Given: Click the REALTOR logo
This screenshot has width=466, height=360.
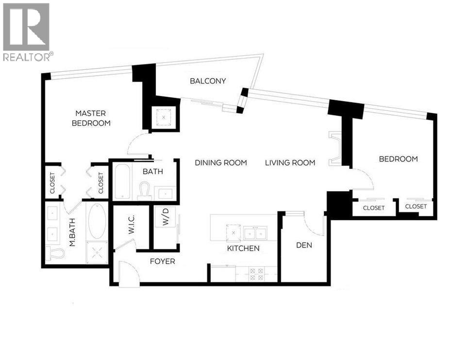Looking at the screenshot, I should pyautogui.click(x=26, y=32).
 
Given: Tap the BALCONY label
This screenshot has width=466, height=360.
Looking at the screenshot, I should pyautogui.click(x=208, y=81).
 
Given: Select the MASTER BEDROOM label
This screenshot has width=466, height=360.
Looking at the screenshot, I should pyautogui.click(x=91, y=118).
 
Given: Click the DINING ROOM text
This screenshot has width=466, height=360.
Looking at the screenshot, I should pyautogui.click(x=221, y=163).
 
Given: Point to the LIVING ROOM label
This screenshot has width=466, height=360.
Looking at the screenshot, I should pyautogui.click(x=290, y=163).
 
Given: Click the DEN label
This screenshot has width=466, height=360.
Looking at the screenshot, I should pyautogui.click(x=304, y=245).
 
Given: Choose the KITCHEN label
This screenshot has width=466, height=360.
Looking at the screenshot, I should pyautogui.click(x=243, y=248).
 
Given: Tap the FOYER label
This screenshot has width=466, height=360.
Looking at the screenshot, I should pyautogui.click(x=162, y=262).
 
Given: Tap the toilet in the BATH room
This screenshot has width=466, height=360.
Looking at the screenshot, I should pyautogui.click(x=144, y=190).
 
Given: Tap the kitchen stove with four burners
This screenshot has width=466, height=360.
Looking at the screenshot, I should pyautogui.click(x=256, y=275).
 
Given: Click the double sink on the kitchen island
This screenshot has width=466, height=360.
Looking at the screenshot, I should pyautogui.click(x=256, y=234).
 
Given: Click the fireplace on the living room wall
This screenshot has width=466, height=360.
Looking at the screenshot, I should pyautogui.click(x=334, y=149).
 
